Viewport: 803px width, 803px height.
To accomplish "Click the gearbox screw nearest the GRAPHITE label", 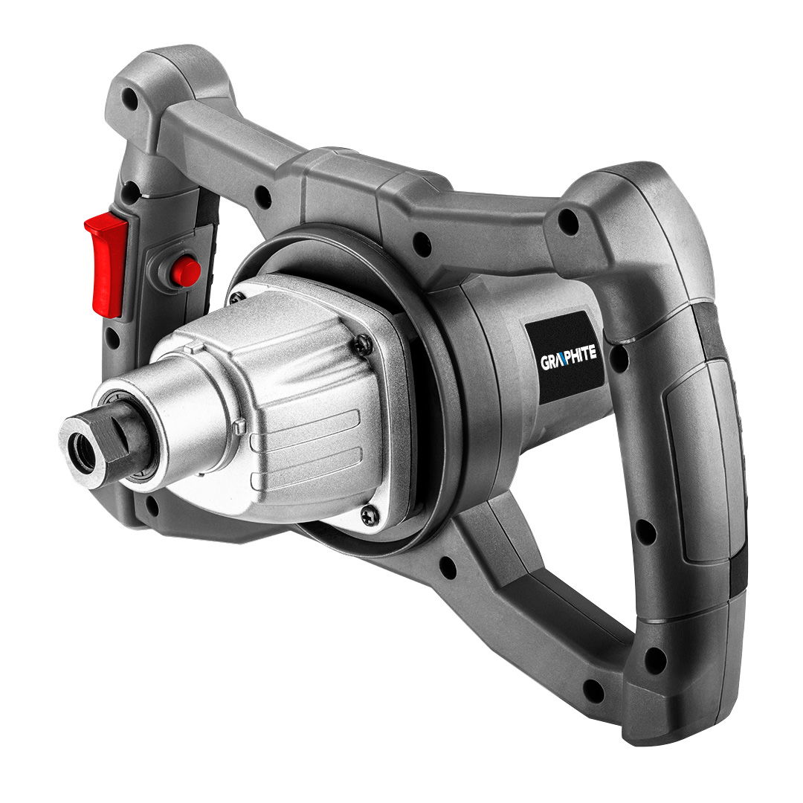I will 364,344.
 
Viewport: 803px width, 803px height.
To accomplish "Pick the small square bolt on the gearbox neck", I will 239,427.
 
